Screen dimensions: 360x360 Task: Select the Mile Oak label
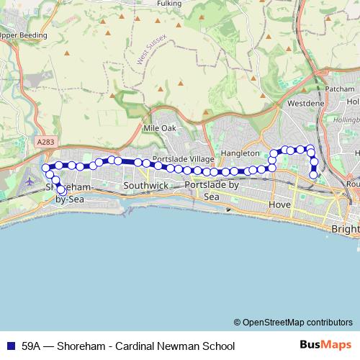coord(159,128)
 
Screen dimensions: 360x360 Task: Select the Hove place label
coord(279,204)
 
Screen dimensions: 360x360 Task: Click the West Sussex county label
coord(151,49)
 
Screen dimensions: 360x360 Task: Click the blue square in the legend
coord(10,346)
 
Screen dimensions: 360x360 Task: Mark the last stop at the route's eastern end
coord(314,174)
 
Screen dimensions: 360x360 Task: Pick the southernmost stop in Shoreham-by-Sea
coord(60,191)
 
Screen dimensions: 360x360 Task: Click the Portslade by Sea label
coord(212,191)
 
